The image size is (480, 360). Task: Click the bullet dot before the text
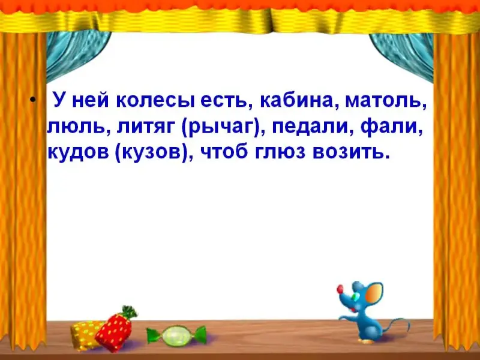coord(33,100)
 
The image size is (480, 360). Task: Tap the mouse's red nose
coord(340,289)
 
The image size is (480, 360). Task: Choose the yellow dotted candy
coord(86,334)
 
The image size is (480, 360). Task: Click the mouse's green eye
coord(355,296)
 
